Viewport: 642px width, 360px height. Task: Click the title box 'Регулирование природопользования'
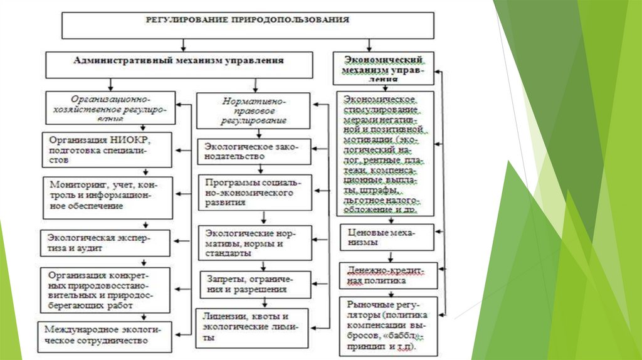click(248, 24)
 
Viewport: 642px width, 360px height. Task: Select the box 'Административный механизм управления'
click(179, 63)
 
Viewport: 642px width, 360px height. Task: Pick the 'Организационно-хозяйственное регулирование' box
click(110, 107)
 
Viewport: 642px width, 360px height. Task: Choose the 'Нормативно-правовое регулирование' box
click(253, 110)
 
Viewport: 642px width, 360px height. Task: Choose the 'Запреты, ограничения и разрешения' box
click(253, 284)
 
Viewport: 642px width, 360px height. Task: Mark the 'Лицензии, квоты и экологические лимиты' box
click(253, 326)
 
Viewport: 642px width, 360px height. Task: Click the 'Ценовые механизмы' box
click(386, 236)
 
